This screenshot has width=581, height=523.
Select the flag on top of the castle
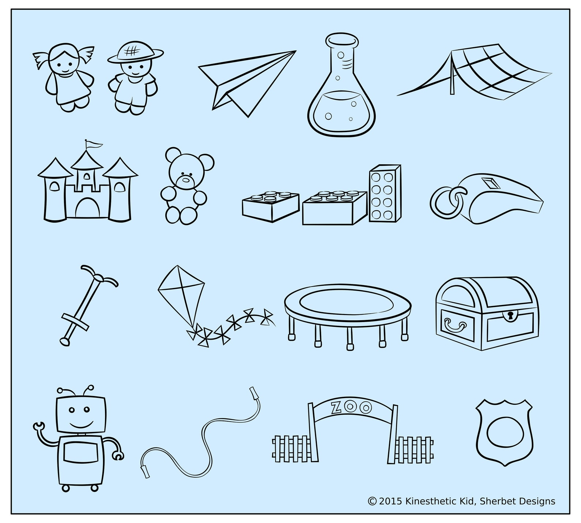92,145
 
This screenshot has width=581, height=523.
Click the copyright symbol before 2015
372,501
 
